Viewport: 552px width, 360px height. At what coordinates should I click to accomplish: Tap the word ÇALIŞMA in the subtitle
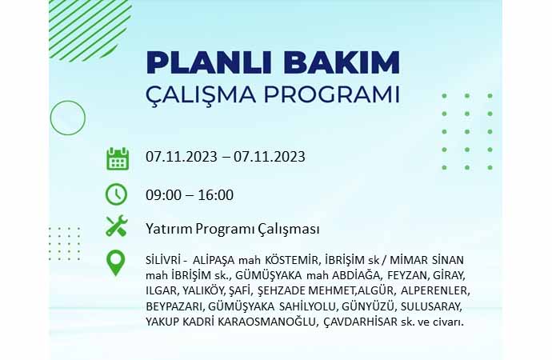click(201, 94)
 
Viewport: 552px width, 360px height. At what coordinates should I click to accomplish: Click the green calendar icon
click(118, 158)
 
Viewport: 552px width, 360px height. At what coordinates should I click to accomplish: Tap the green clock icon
click(116, 194)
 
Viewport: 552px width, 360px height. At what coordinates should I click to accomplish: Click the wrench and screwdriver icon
click(117, 226)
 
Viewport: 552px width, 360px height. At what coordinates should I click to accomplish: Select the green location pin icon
click(115, 262)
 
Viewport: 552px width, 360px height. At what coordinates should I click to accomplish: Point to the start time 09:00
click(164, 195)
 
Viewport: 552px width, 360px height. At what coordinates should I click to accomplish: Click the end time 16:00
click(215, 195)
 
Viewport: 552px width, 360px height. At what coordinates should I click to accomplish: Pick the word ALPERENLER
click(435, 291)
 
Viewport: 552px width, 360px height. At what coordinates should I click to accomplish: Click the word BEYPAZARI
click(174, 307)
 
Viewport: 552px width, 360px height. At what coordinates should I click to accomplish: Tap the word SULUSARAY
click(431, 306)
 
